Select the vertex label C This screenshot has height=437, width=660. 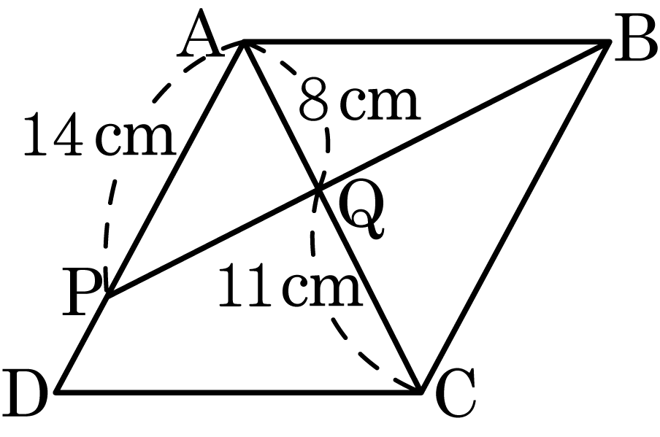[456, 392]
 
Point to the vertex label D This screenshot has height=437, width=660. [23, 394]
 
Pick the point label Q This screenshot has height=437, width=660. [361, 209]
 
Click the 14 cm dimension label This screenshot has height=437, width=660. [99, 134]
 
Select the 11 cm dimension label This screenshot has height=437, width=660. [291, 284]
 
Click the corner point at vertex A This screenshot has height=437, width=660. [244, 41]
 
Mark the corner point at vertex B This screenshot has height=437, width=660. [609, 41]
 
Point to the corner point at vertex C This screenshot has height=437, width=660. [420, 392]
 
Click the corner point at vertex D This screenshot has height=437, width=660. [57, 392]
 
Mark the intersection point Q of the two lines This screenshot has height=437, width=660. [318, 190]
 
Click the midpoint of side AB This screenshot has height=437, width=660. [426, 41]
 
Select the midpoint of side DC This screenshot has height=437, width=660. [239, 392]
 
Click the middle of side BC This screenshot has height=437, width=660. [515, 217]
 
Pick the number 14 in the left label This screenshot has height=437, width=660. [52, 134]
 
